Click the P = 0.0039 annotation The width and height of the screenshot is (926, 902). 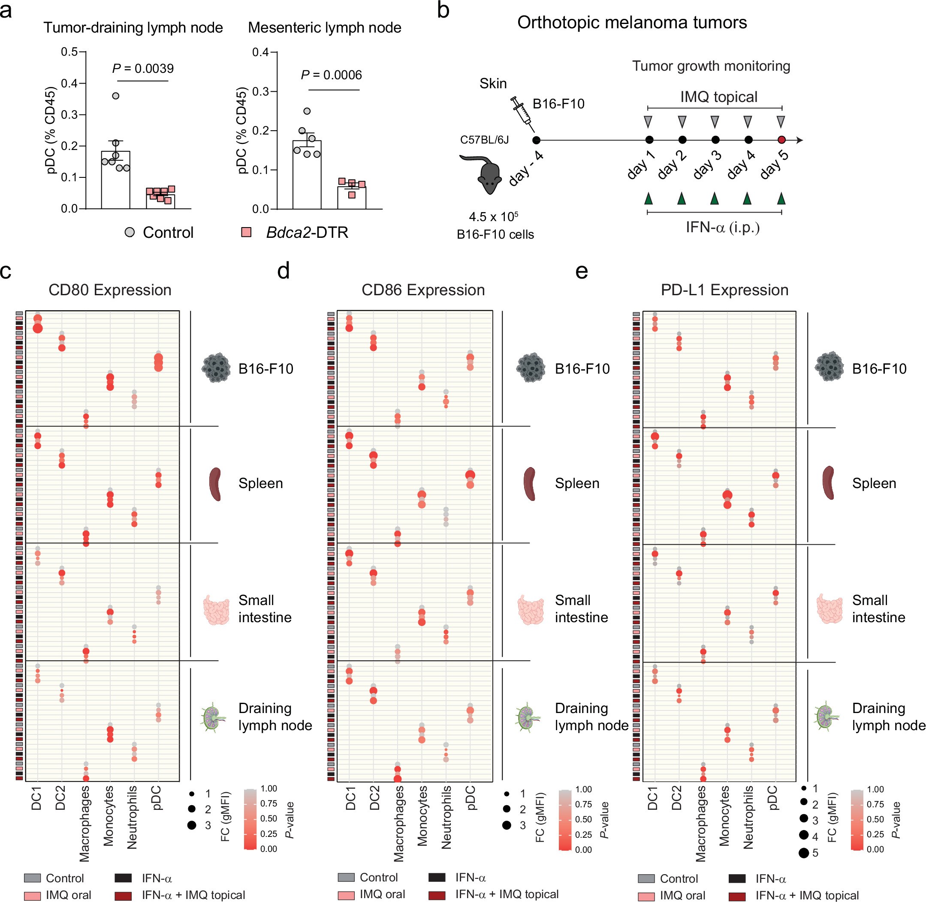(143, 69)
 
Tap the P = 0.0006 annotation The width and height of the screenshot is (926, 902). (331, 75)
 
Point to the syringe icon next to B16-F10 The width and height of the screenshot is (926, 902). (522, 113)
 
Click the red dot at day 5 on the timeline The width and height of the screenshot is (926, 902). (781, 140)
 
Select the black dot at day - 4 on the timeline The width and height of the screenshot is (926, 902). (536, 140)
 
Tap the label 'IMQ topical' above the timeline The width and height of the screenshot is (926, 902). (718, 97)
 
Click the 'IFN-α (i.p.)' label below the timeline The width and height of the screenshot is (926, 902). (722, 228)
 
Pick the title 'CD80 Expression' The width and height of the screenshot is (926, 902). (110, 290)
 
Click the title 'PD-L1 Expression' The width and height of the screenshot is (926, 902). (724, 290)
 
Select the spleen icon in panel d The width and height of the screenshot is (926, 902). (530, 484)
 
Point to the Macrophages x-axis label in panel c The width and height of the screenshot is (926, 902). (84, 823)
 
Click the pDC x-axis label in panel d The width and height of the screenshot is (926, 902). (471, 798)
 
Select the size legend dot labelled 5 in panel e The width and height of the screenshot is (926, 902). (803, 853)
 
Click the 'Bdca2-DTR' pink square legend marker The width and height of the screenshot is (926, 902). (246, 232)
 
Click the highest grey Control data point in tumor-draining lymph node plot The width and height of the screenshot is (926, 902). (115, 96)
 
